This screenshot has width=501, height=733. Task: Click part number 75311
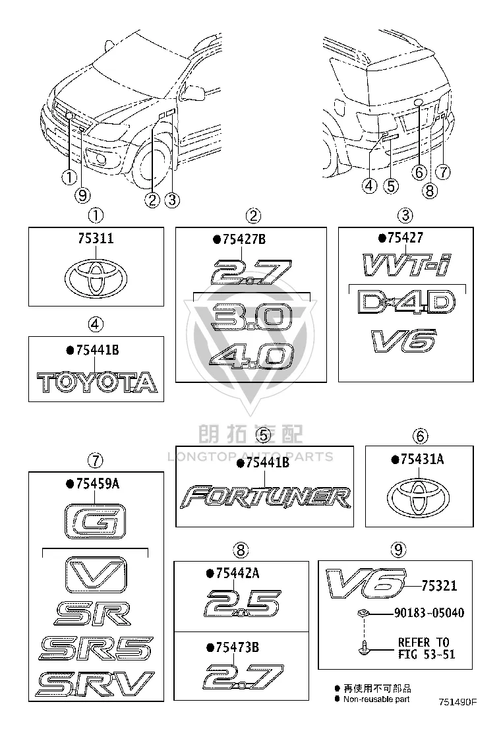coord(96,239)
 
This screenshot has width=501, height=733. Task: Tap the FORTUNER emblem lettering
coord(265,498)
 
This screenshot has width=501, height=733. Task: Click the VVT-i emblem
coord(406,264)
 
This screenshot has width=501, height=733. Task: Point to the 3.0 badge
coord(251,317)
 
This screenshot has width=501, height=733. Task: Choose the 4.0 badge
coord(251,357)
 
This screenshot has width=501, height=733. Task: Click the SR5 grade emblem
coord(96,649)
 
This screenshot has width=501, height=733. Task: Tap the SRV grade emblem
coord(96,684)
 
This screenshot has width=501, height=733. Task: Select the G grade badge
coord(95,521)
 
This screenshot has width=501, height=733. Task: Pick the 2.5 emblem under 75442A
coord(243,604)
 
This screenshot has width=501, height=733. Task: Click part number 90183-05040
coord(429,613)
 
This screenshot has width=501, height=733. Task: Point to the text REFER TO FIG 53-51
coord(427,648)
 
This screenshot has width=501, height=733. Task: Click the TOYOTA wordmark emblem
coord(97,382)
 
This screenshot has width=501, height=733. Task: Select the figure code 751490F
coord(457,702)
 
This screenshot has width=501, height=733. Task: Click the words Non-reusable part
coord(376,699)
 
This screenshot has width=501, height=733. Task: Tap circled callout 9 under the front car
coord(82,195)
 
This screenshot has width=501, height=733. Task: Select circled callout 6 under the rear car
coord(419,172)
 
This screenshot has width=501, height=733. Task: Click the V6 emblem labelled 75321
coord(365,584)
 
